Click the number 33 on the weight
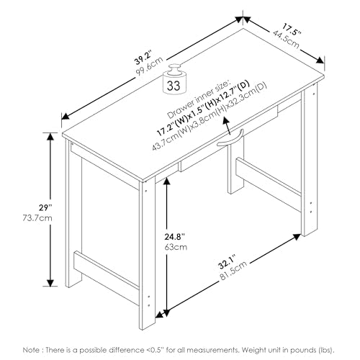(174, 86)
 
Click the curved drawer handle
(230, 138)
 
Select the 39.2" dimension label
(143, 58)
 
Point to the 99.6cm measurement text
(149, 66)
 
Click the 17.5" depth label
(291, 30)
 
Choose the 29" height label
(45, 207)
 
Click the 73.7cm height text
(37, 218)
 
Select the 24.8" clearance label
(174, 237)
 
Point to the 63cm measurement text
(176, 247)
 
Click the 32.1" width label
(228, 262)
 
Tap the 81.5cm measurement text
(233, 271)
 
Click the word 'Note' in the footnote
(30, 350)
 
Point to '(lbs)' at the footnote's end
(327, 350)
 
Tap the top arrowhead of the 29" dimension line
(50, 137)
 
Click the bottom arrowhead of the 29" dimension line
(50, 283)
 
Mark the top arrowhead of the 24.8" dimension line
(166, 181)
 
